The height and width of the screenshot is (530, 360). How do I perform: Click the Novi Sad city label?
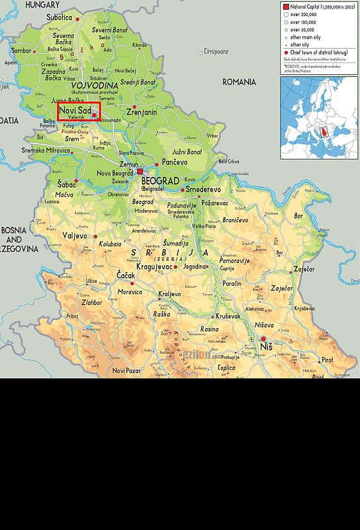click(76, 110)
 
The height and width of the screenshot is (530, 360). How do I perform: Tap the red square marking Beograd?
click(140, 172)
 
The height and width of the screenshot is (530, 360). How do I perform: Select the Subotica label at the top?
click(59, 17)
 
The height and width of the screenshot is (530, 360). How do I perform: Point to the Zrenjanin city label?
click(142, 112)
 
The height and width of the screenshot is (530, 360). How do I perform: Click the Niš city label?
click(266, 347)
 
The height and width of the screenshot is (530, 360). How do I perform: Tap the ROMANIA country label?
click(239, 82)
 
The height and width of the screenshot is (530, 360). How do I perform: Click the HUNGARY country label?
click(42, 4)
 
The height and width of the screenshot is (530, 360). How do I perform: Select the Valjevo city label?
click(74, 236)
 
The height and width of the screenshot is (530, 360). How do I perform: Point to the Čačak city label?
click(126, 275)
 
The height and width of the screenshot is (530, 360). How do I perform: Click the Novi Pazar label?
click(126, 370)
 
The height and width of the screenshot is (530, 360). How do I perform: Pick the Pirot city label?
click(327, 360)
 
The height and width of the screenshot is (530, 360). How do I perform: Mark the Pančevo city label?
click(174, 163)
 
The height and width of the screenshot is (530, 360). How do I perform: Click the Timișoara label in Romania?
click(215, 51)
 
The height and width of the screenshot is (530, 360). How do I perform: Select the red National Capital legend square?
click(286, 6)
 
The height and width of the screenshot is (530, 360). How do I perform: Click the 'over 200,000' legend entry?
click(303, 14)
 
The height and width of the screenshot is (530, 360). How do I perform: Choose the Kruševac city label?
click(228, 316)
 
